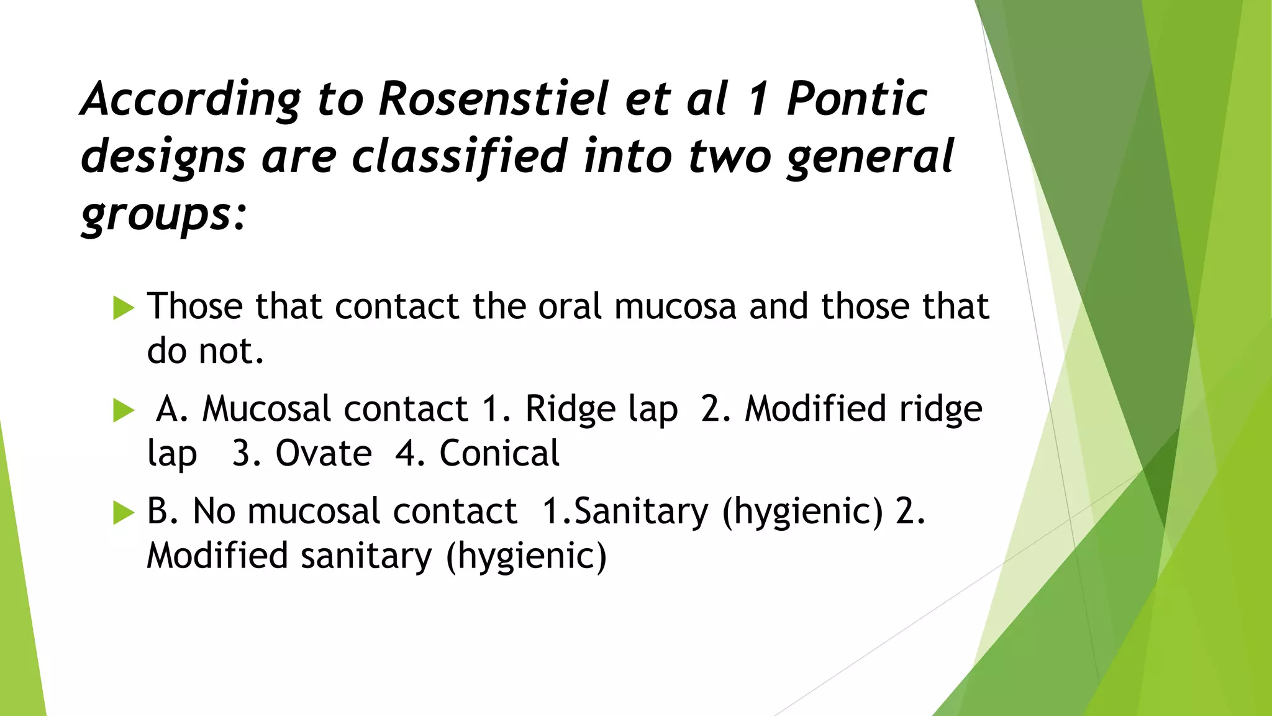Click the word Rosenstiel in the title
click(494, 99)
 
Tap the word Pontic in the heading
click(856, 99)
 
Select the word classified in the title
click(459, 157)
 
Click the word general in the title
click(870, 157)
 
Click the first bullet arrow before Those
click(124, 308)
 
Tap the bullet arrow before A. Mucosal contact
click(124, 411)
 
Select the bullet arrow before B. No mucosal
click(124, 513)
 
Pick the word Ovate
click(324, 453)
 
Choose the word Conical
click(499, 453)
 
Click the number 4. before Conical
click(410, 453)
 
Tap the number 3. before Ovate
click(246, 453)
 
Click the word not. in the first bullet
click(231, 351)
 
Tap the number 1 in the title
click(758, 99)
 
